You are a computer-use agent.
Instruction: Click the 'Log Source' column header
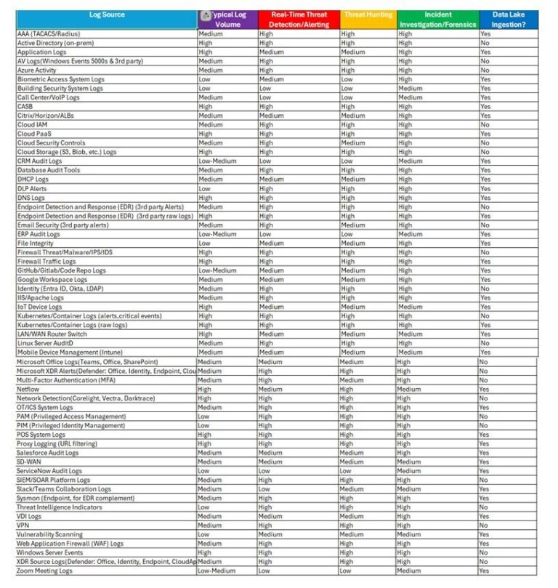coord(107,15)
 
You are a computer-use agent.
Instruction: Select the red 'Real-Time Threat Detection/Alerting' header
coord(298,20)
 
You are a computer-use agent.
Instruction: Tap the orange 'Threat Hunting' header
coord(368,15)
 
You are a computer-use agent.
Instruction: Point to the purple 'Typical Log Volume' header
coord(227,20)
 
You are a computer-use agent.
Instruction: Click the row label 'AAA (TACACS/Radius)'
coord(48,34)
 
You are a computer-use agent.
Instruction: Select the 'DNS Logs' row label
coord(31,198)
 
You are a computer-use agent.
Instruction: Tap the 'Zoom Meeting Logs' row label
coord(45,571)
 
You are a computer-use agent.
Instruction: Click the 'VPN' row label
coord(23,525)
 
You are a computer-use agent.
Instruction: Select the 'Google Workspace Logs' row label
coord(52,280)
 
